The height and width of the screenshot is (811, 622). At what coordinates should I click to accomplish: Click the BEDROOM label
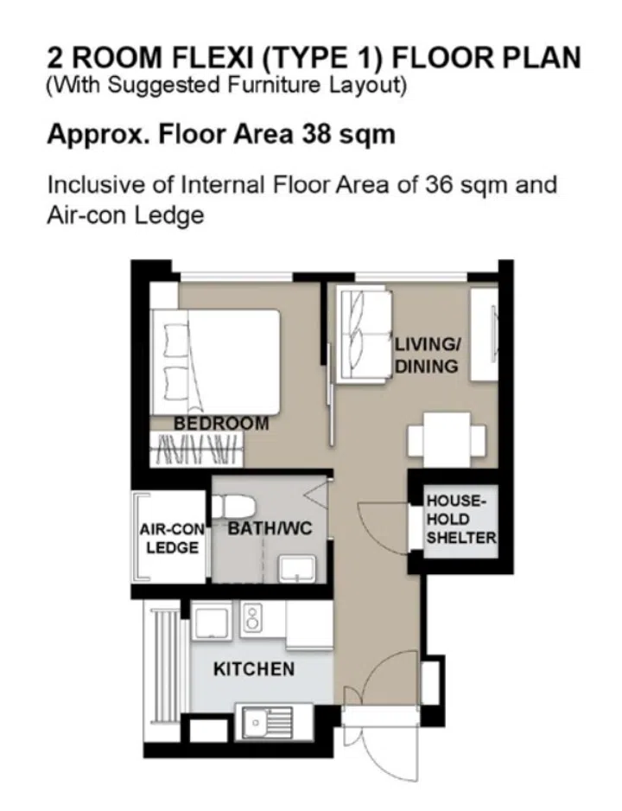221,424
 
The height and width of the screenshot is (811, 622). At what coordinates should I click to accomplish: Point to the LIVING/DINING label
428,355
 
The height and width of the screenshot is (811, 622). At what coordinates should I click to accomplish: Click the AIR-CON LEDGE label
169,539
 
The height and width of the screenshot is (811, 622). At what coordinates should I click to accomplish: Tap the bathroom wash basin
296,568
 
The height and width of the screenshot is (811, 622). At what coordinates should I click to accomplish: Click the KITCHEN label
253,668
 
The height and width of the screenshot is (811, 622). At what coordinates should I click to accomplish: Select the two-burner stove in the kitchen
252,617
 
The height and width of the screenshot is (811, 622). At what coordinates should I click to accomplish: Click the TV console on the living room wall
485,333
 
